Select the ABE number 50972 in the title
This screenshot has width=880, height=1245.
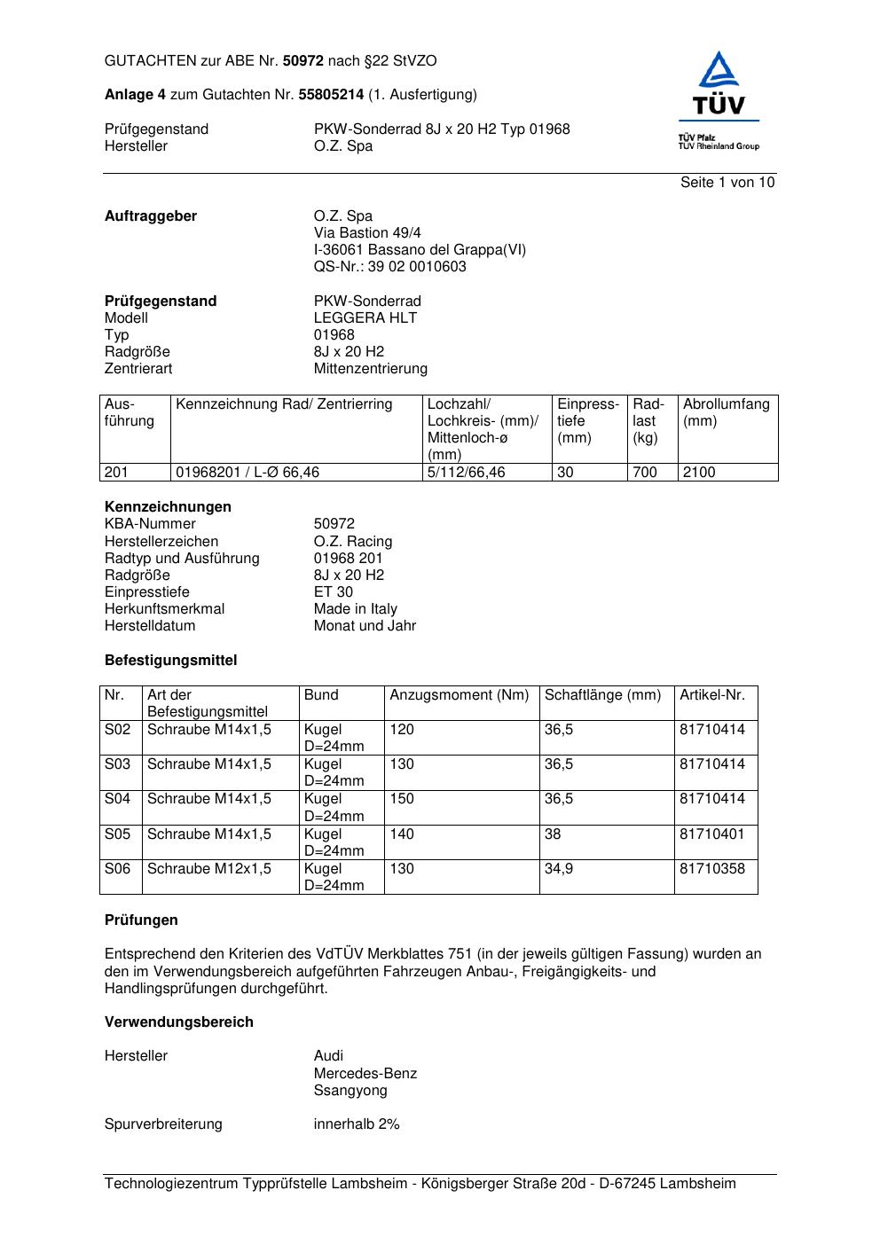(x=303, y=61)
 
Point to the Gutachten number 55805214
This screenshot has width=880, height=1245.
(x=331, y=95)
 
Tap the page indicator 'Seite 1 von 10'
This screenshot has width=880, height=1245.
(x=727, y=183)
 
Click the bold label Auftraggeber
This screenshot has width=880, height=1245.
(x=151, y=216)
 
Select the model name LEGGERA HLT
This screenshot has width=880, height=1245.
(x=365, y=318)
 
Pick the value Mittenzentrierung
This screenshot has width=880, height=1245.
(x=370, y=369)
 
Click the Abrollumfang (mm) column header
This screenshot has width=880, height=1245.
(x=726, y=412)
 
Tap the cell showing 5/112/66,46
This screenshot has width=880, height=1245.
(x=467, y=473)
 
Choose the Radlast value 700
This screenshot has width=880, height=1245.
(x=645, y=473)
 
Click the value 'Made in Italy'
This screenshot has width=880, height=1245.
(x=355, y=609)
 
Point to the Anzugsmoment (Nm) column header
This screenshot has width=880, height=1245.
(x=459, y=695)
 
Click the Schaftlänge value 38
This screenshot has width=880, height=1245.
(x=553, y=834)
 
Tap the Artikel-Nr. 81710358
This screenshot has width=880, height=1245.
(x=712, y=869)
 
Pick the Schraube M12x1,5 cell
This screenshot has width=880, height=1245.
(x=209, y=869)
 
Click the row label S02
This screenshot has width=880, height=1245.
(x=117, y=730)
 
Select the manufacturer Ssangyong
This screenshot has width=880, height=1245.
(x=350, y=1091)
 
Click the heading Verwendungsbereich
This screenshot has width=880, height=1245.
(x=179, y=1022)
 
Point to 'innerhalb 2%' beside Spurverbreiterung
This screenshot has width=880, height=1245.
(x=357, y=1124)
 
